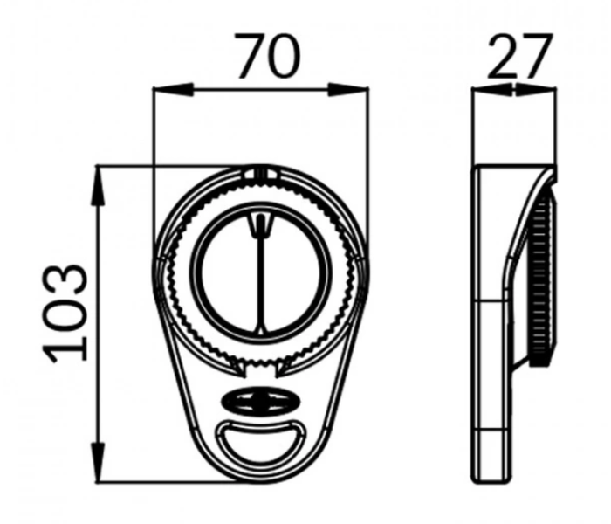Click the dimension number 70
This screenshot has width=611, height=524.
268,55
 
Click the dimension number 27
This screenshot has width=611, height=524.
520,55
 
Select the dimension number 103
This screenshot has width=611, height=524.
65,313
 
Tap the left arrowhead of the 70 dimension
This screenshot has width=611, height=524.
173,90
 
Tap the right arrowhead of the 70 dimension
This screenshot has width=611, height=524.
348,90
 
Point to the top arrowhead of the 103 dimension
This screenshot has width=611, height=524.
100,186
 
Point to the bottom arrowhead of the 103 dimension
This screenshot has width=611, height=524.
100,463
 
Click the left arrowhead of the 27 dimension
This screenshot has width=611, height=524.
491,90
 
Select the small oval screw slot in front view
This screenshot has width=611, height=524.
261,401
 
